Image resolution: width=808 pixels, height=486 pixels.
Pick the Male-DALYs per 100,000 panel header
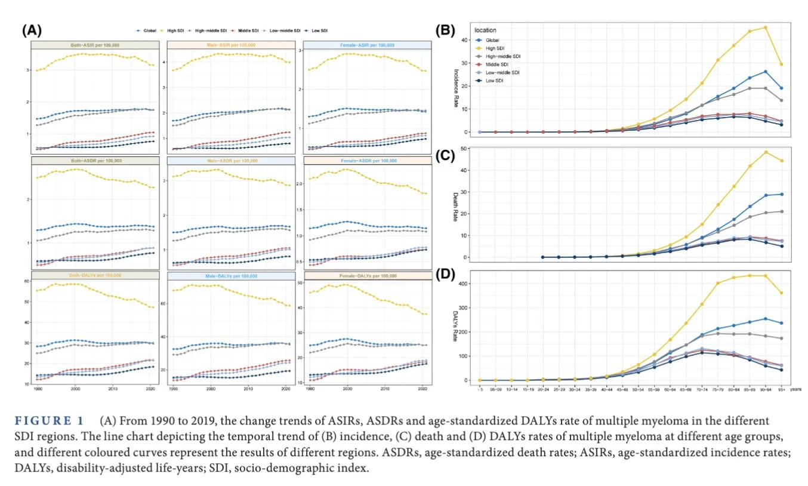(232, 275)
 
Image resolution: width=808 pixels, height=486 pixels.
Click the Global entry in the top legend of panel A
(147, 30)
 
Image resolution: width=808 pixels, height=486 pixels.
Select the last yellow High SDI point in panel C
(781, 161)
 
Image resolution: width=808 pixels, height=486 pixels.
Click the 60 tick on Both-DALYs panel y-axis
(26, 281)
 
